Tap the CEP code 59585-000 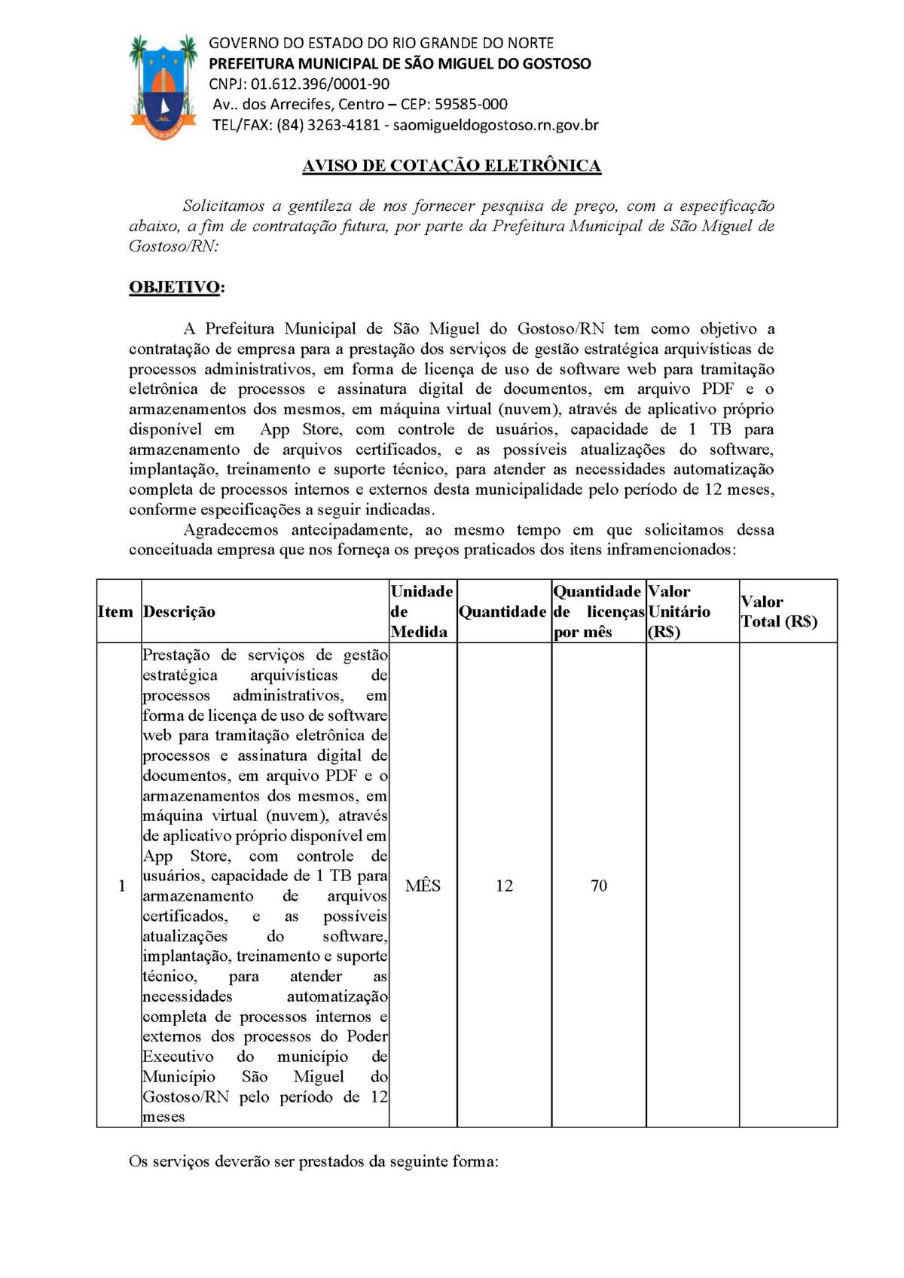pos(471,105)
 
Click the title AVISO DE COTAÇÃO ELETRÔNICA pos(451,166)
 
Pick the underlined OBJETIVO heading pos(175,288)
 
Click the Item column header pos(115,612)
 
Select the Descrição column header pos(179,612)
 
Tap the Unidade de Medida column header pos(422,612)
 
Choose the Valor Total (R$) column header pos(779,612)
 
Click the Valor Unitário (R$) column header pos(680,612)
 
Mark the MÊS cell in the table pos(423,886)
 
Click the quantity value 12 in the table pos(504,886)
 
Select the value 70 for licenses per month pos(599,886)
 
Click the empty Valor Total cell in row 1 pos(788,886)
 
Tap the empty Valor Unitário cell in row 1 pos(692,886)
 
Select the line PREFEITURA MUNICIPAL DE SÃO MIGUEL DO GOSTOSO pos(400,64)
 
